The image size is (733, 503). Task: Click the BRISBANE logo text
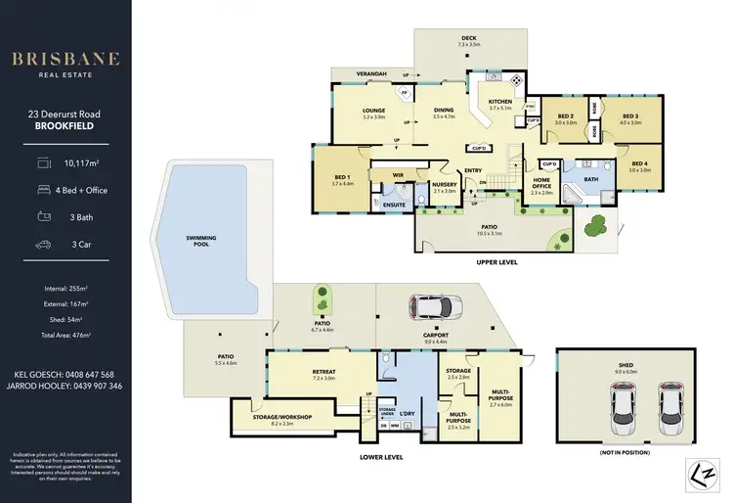[x=65, y=59]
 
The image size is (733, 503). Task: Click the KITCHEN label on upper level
[x=499, y=101]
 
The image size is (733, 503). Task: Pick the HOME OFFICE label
[x=541, y=184]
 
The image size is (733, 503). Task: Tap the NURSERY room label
[x=444, y=184]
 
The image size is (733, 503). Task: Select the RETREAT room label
[x=323, y=372]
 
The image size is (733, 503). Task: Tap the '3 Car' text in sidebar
[x=81, y=245]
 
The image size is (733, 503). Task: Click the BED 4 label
[x=638, y=164]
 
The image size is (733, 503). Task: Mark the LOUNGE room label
[x=372, y=111]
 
